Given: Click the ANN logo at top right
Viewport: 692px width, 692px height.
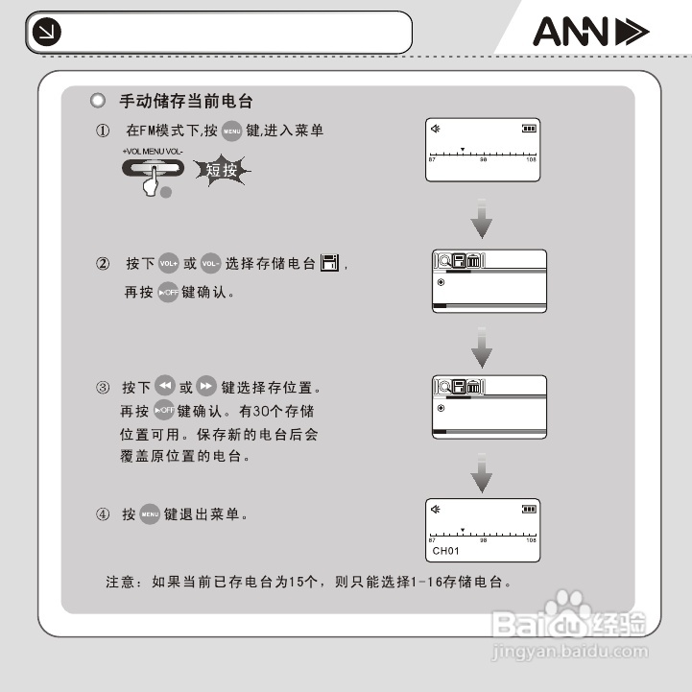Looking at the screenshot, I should (x=590, y=34).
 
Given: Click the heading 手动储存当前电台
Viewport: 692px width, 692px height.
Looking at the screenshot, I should (x=186, y=101).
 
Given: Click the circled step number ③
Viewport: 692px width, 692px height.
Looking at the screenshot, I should (x=103, y=389).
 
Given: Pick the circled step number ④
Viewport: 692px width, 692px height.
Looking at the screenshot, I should (x=103, y=515).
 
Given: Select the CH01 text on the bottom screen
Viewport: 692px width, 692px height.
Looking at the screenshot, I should (x=447, y=551).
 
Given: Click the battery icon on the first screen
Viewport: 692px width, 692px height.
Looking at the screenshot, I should (x=529, y=129).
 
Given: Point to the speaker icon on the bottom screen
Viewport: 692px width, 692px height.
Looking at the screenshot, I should (x=436, y=509).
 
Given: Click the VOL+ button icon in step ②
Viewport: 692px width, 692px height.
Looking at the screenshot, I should (x=169, y=264).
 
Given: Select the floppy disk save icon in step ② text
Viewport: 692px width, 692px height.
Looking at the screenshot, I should (x=330, y=264).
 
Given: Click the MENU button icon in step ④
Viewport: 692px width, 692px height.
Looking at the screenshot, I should (x=150, y=515).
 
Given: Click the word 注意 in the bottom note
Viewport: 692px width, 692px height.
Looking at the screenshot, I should (x=120, y=582).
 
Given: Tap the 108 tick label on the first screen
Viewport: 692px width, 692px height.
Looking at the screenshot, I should (x=531, y=160).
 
